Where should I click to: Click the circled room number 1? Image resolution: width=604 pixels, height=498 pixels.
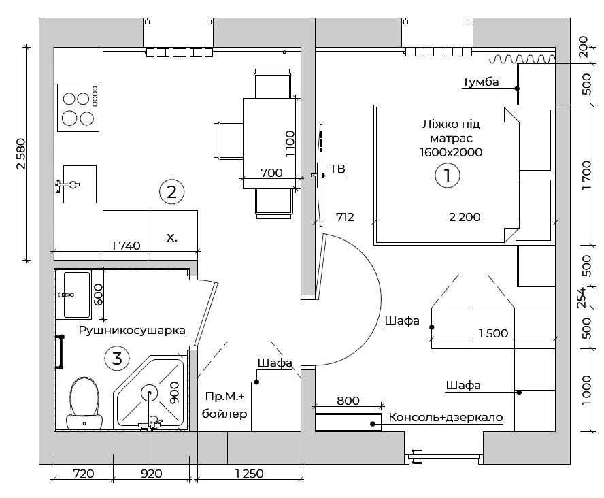tap(448, 176)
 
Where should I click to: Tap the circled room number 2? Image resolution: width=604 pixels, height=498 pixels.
tap(171, 192)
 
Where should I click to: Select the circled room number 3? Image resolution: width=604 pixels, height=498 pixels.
tap(117, 357)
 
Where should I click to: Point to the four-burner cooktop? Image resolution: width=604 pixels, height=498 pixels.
tap(78, 107)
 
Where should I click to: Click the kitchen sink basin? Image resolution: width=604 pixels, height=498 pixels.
tap(79, 184)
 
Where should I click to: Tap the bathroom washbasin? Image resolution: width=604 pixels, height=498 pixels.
tap(76, 295)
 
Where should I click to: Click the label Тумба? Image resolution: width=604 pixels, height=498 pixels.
tap(480, 82)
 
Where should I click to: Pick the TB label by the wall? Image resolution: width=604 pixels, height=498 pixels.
tap(337, 169)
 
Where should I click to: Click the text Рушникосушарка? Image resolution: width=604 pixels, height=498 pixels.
tap(132, 331)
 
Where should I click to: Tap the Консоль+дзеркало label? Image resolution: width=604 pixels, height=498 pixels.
tap(445, 417)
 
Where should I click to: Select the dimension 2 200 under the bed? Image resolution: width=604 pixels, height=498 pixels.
tap(465, 218)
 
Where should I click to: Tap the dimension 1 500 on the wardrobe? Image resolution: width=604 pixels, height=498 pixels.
tap(493, 333)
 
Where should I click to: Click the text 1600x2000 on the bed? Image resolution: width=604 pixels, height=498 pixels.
tap(451, 152)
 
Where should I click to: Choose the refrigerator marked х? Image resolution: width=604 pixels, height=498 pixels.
tap(172, 237)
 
